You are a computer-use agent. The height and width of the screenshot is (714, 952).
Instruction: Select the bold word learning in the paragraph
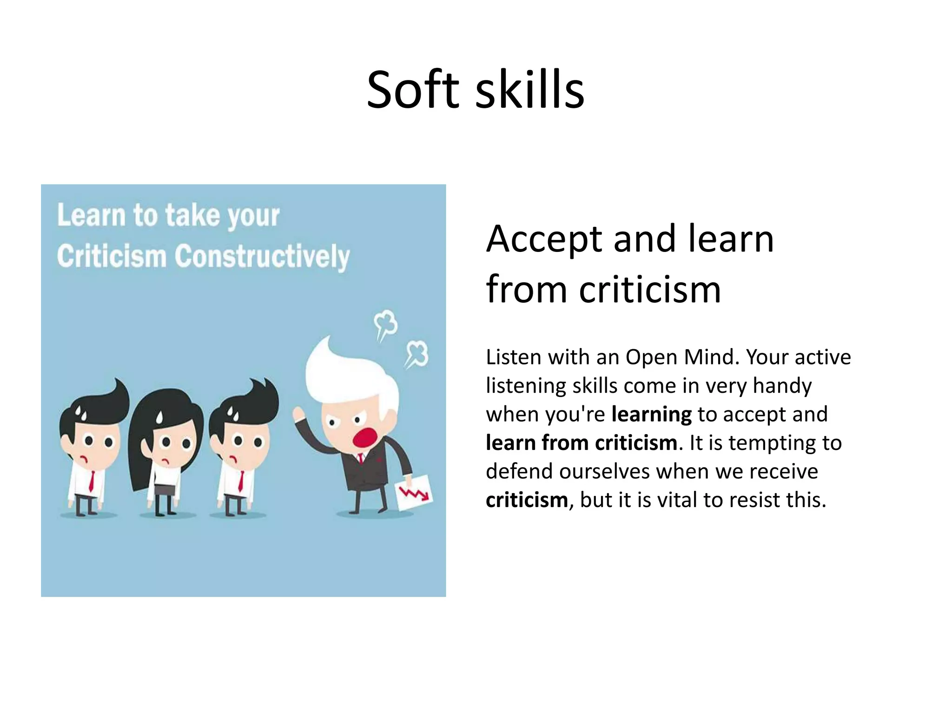(651, 414)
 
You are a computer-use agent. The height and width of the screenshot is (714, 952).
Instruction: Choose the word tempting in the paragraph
(772, 443)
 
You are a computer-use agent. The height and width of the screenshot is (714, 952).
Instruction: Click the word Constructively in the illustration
(262, 257)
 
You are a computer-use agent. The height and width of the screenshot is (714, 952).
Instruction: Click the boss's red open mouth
(364, 437)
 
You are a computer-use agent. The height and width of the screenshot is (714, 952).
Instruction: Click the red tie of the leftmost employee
(92, 481)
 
